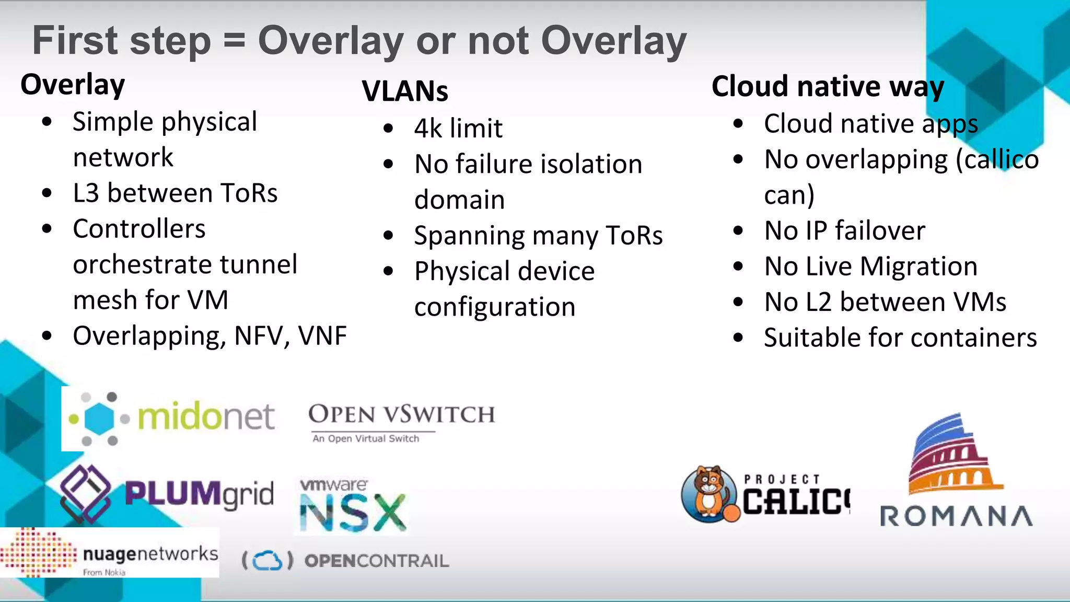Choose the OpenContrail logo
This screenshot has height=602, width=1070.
pos(345,561)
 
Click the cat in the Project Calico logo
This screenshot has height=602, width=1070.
pos(710,494)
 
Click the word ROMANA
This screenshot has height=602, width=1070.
pos(956,516)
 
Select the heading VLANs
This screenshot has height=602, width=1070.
pos(405,91)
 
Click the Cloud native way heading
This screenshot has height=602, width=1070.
pos(828,86)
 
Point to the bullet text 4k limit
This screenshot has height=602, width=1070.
pos(458,129)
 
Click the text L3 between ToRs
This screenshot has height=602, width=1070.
pos(175,193)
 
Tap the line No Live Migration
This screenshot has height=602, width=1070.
pos(870,267)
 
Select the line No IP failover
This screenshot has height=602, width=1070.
pos(844,231)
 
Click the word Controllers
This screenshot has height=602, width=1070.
pos(139,229)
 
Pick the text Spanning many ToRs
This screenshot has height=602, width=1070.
pos(538,236)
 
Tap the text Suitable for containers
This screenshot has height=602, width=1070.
pos(900,338)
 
